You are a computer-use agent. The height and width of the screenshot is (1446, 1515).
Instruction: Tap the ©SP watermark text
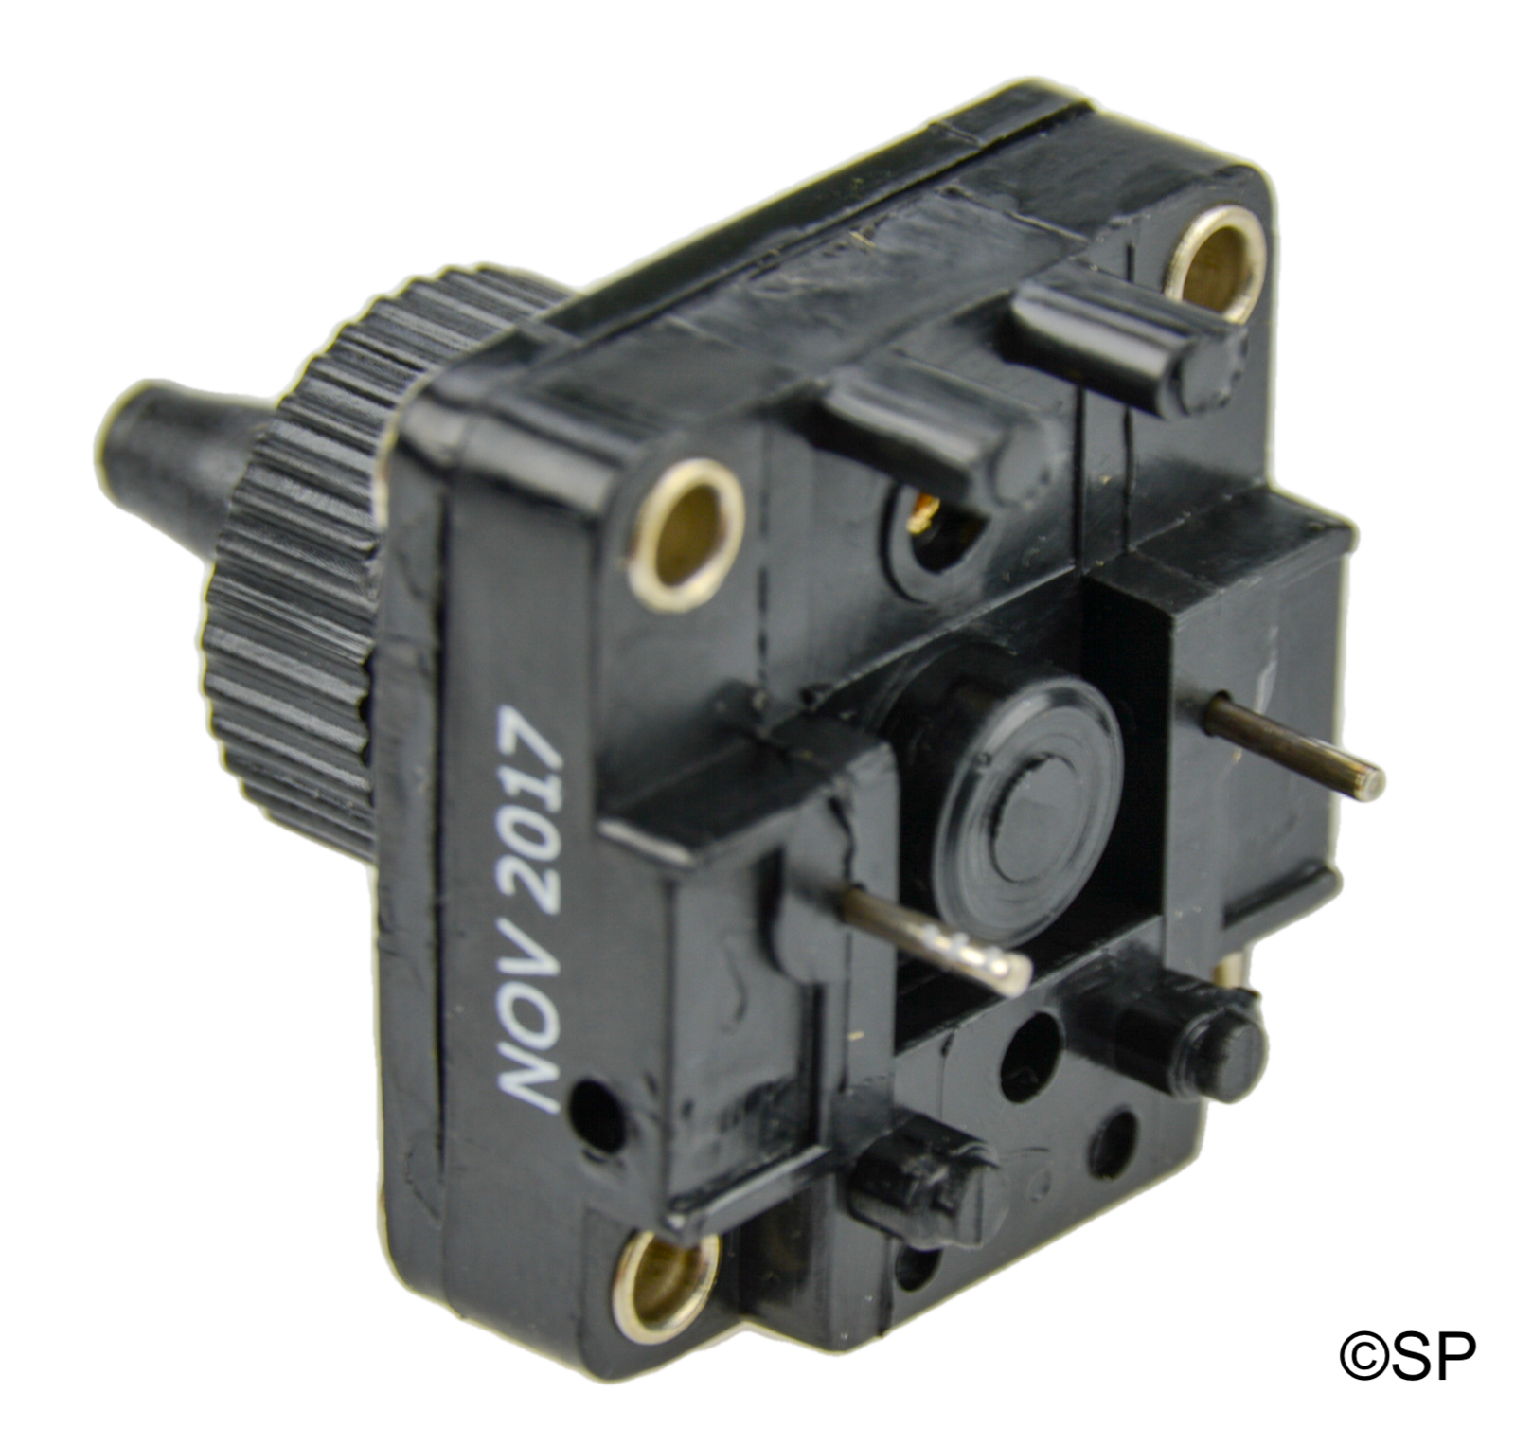[x=1407, y=1356]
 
